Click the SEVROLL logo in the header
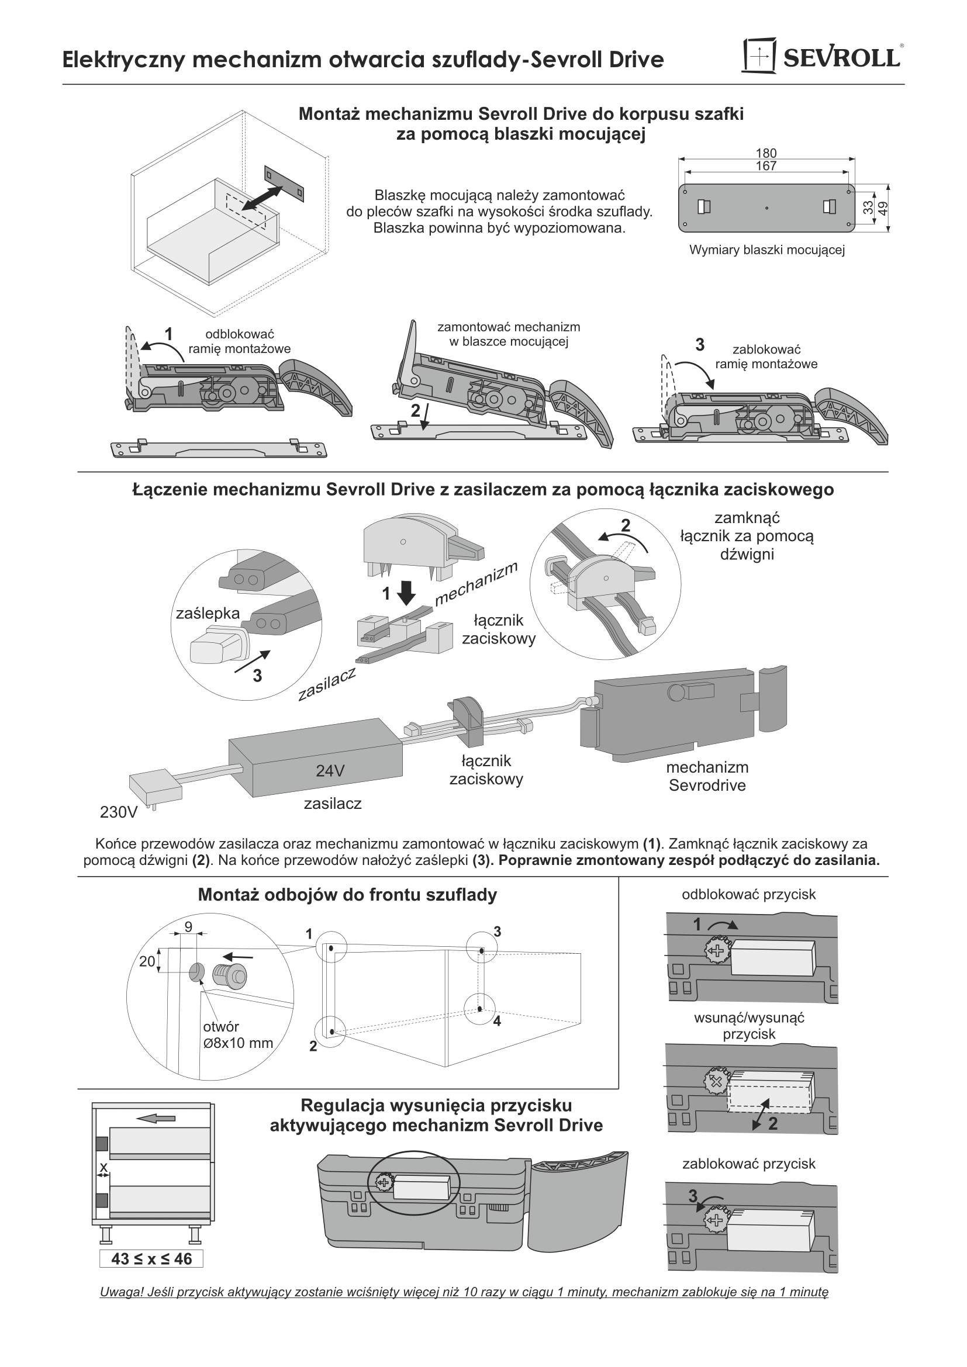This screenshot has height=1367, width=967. coord(821,57)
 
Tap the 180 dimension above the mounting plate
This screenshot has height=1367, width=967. coord(766,154)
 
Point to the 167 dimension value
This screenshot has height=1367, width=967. coord(766,166)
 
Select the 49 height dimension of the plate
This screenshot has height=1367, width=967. coord(883,209)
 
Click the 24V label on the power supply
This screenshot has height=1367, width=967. coord(330,771)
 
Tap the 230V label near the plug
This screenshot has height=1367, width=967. coord(119,812)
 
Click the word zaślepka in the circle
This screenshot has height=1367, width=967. coord(208,613)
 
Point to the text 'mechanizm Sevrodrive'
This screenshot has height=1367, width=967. coord(707,776)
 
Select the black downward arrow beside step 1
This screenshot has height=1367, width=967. coord(407,593)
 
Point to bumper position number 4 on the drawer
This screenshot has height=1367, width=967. coord(496,1021)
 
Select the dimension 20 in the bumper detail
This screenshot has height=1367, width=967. coord(147,961)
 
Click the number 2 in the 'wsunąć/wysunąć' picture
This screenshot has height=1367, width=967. coord(772,1123)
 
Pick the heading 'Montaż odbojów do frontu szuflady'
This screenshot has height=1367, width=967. coord(347,895)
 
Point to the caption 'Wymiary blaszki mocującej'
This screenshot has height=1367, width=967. coord(767,250)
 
